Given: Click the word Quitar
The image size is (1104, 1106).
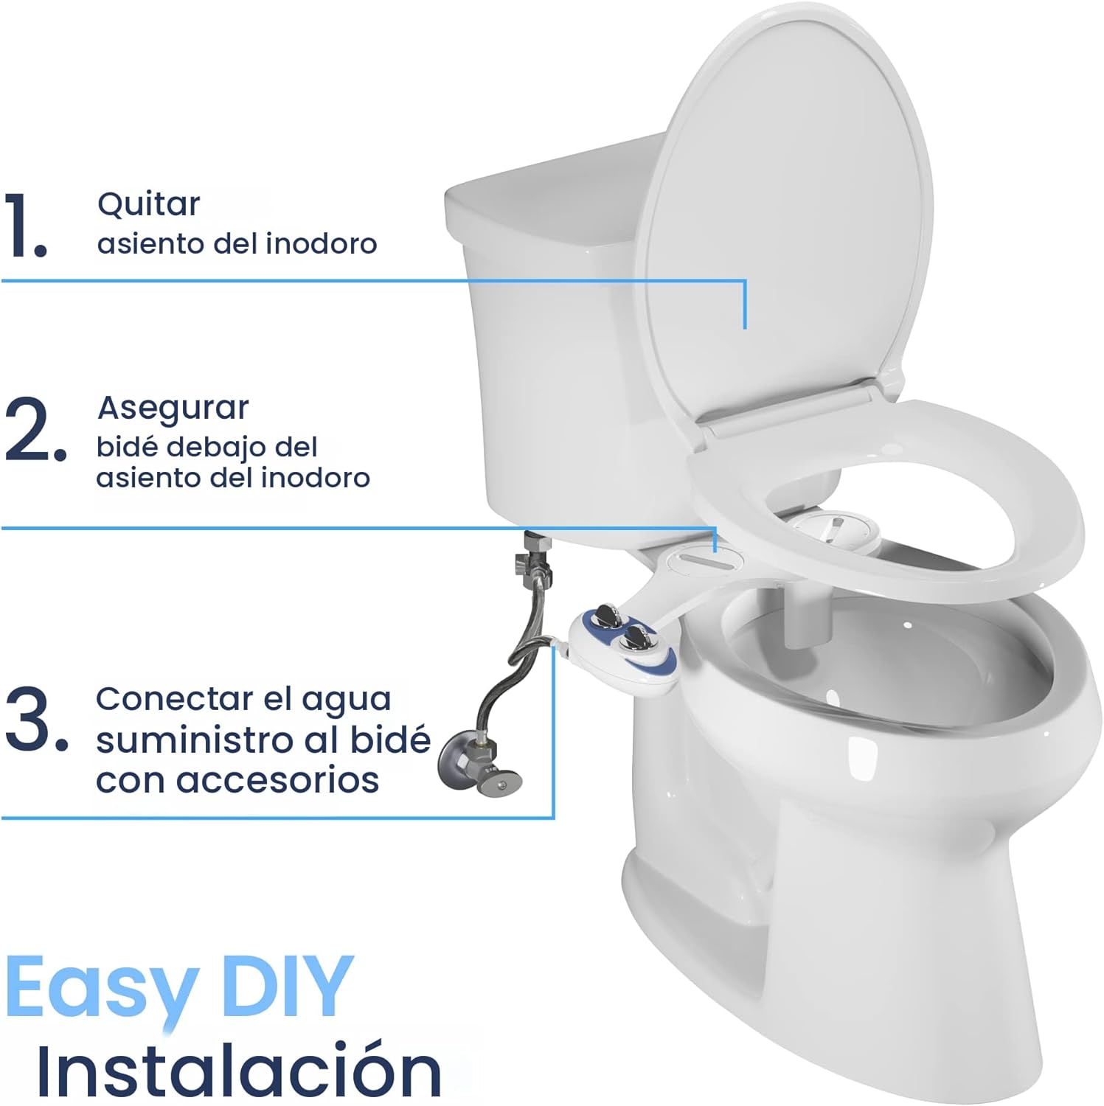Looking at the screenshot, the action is pos(148,204).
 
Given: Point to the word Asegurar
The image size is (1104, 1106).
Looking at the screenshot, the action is pos(173,408).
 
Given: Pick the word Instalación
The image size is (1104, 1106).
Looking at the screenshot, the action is pos(239,1068).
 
